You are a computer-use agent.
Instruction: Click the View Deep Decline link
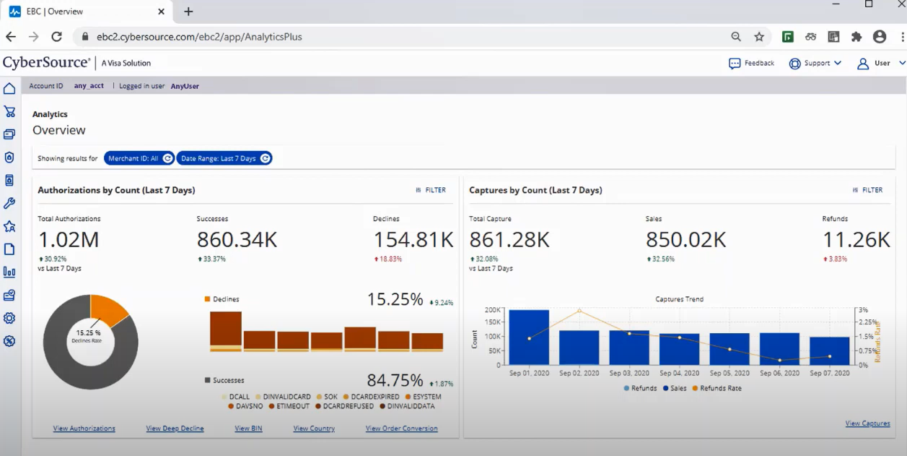175,429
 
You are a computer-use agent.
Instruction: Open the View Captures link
867,423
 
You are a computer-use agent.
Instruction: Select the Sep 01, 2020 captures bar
529,337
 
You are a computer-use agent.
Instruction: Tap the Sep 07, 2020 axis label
829,374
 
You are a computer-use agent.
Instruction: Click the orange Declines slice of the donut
109,310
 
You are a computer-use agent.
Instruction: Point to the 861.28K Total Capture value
509,240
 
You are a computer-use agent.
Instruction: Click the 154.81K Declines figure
413,240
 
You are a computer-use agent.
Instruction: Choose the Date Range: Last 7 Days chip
224,158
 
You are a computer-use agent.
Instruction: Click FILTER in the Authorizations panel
431,190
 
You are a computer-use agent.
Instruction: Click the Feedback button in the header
752,64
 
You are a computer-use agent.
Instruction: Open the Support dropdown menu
815,64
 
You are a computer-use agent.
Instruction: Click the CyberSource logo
46,63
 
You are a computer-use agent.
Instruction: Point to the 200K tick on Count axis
492,310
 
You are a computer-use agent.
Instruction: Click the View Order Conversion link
401,429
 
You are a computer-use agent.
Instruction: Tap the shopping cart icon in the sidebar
9,111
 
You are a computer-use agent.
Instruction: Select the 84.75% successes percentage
395,381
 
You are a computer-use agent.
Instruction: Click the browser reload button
56,36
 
